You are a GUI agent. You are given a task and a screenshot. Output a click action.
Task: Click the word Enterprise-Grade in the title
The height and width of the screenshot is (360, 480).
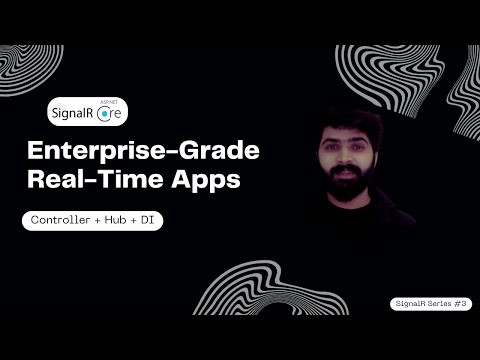click(142, 154)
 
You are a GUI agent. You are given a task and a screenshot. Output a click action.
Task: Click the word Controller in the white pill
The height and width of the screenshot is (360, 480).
click(62, 221)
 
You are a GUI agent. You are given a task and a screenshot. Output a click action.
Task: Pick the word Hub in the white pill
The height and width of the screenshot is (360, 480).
click(119, 221)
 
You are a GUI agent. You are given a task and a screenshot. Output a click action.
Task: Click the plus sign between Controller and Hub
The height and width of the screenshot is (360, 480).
click(99, 221)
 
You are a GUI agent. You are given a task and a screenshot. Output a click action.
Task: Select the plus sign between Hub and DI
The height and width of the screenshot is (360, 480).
click(141, 221)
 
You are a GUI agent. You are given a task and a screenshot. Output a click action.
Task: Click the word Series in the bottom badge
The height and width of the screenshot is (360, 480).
click(439, 303)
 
